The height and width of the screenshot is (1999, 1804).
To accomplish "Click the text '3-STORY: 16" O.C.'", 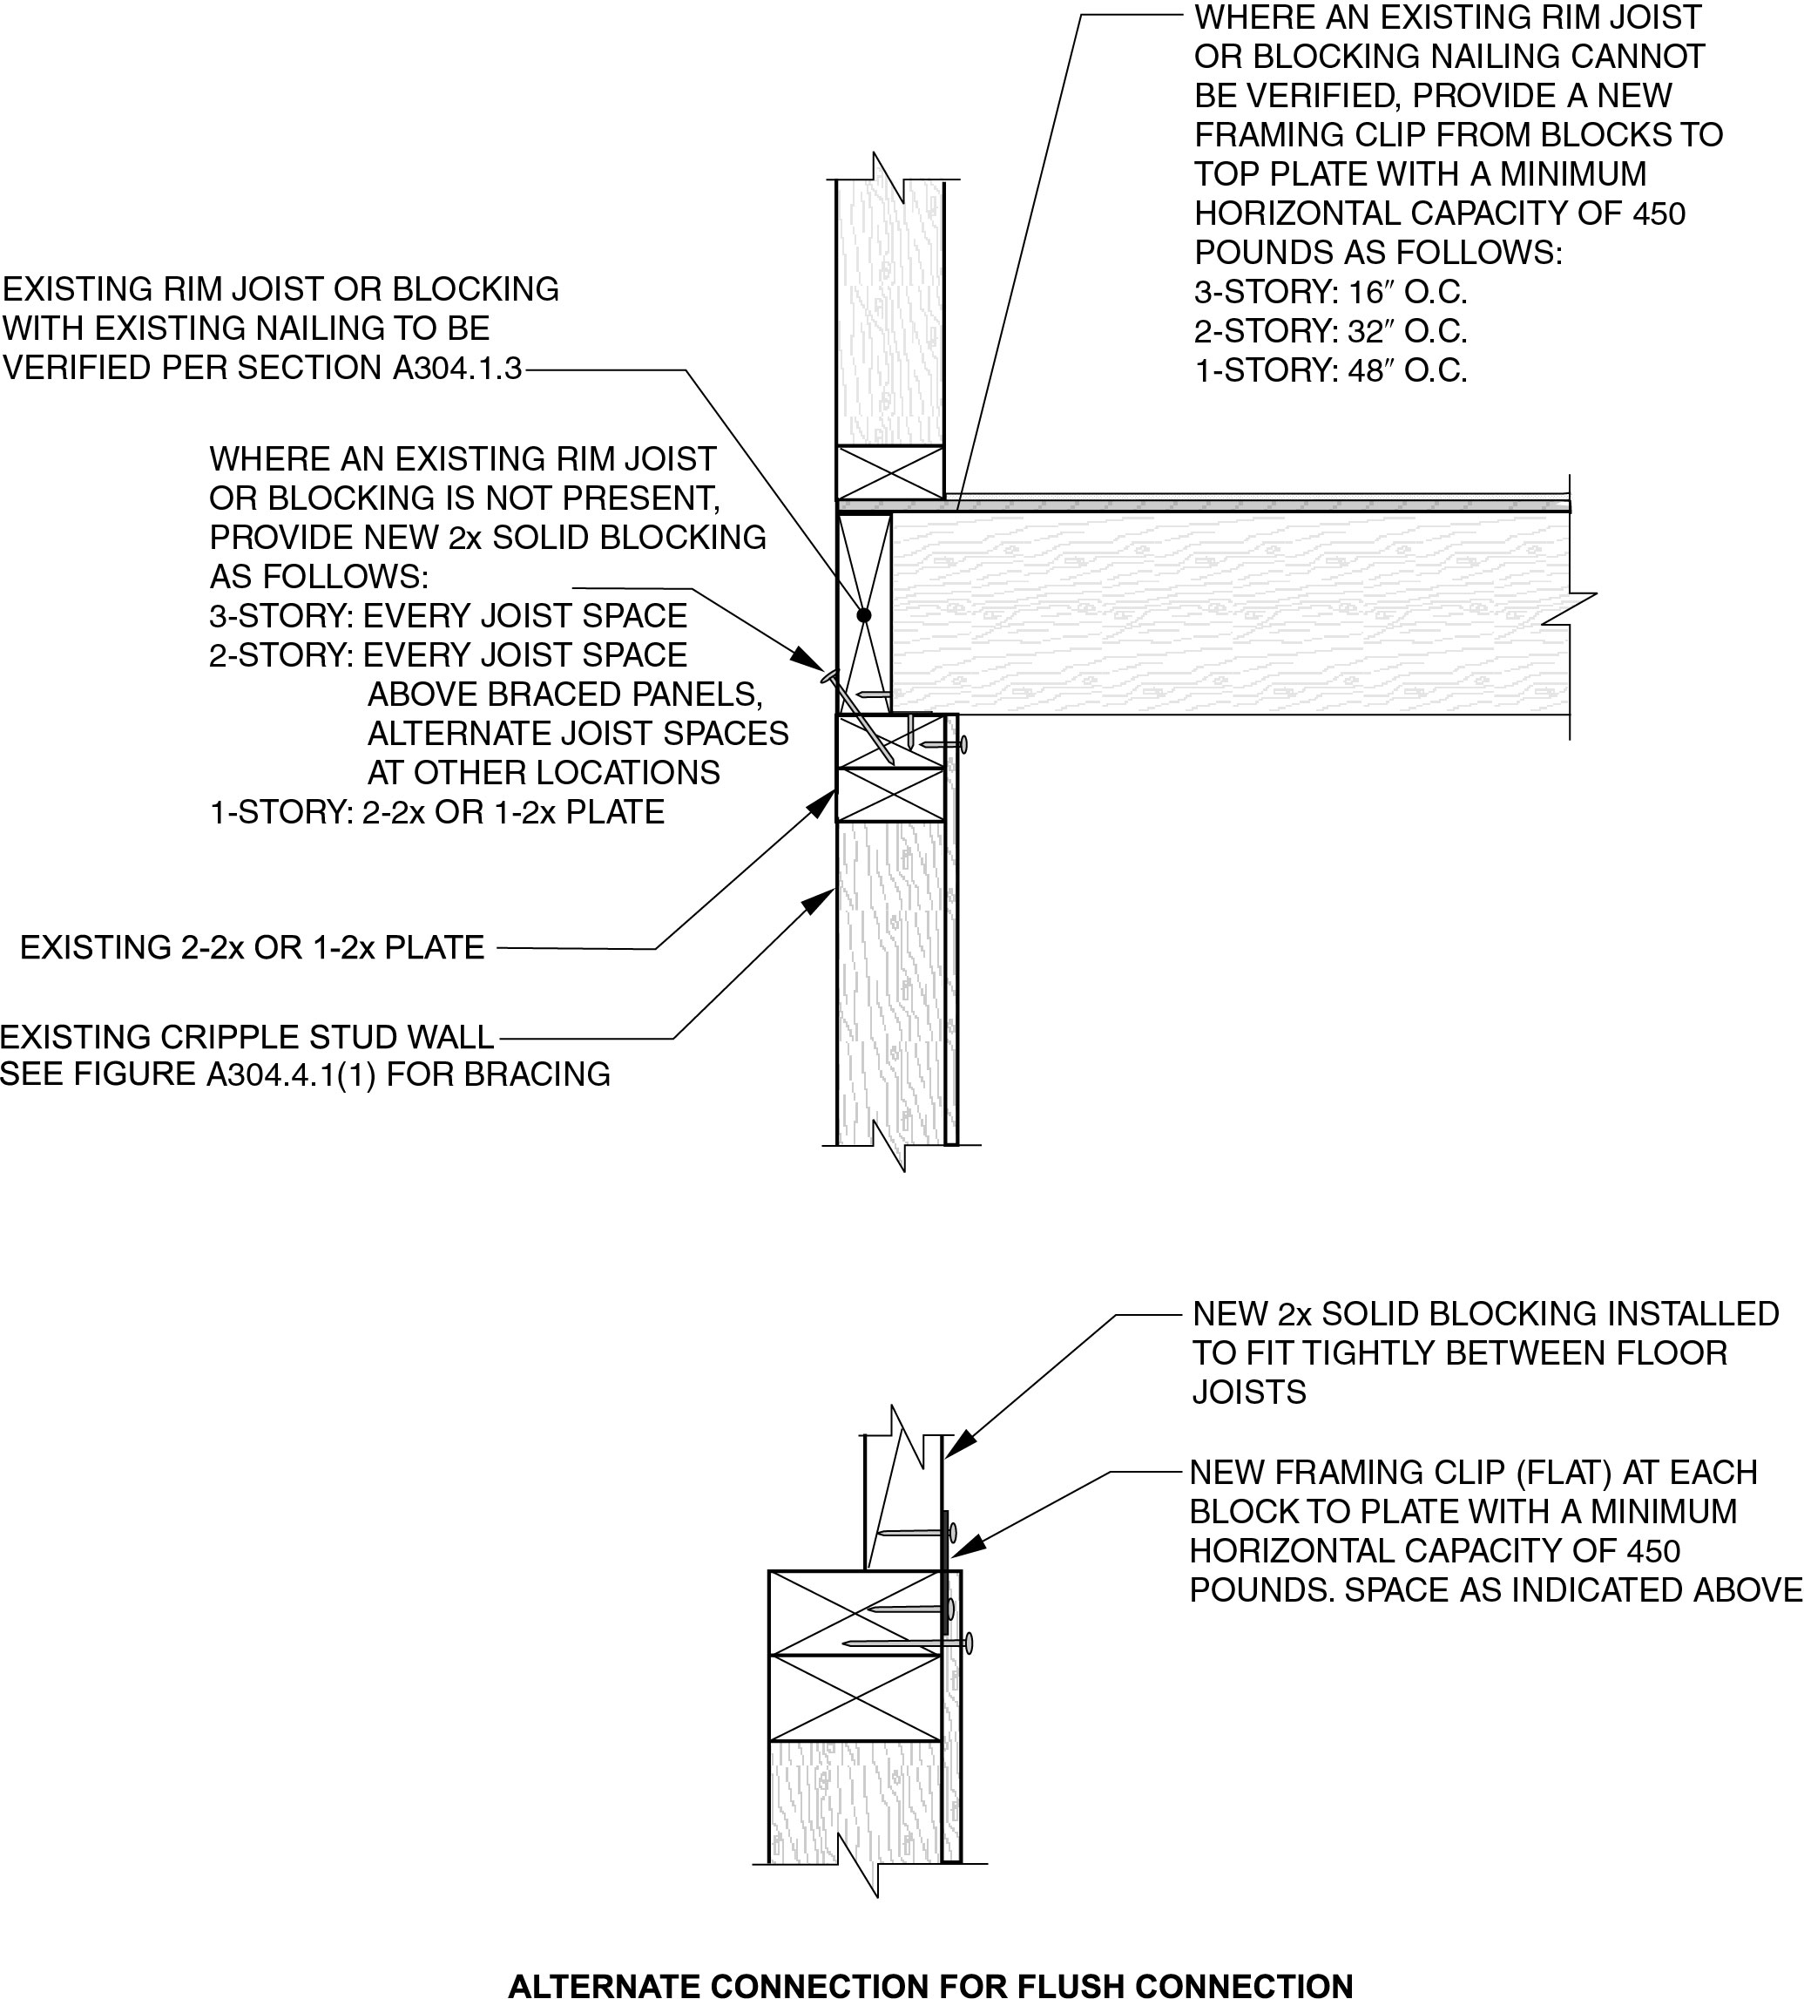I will pos(1330,293).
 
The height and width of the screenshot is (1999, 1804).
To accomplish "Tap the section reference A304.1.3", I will pos(457,368).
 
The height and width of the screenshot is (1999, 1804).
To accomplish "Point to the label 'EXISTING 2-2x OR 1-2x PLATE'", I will pos(252,947).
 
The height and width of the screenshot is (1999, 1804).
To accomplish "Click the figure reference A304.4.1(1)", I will pos(290,1074).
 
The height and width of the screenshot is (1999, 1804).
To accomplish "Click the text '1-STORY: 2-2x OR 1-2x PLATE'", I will pos(436,812).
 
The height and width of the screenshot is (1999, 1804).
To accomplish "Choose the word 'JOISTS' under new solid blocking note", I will pos(1249,1393).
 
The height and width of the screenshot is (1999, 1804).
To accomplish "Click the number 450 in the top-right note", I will pos(1658,213).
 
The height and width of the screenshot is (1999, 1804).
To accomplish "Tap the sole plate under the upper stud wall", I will pos(890,472).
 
